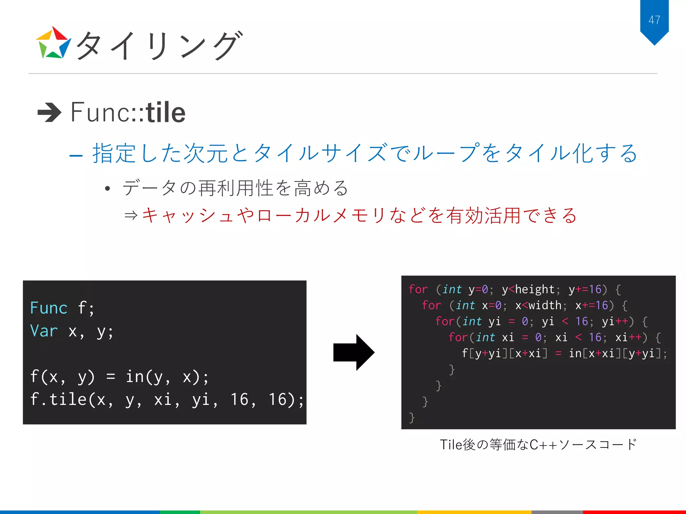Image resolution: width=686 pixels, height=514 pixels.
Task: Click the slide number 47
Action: click(x=654, y=20)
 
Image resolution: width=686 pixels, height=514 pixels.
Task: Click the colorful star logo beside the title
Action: click(x=53, y=43)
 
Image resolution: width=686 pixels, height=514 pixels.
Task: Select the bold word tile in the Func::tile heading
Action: click(x=165, y=112)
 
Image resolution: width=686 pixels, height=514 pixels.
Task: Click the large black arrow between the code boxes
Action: click(x=354, y=352)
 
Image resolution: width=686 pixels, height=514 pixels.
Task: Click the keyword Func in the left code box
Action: click(x=49, y=308)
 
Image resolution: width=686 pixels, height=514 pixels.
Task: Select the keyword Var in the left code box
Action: click(x=44, y=331)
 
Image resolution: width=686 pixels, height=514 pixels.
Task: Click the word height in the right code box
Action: click(x=535, y=289)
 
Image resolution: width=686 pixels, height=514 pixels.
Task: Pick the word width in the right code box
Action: click(x=545, y=306)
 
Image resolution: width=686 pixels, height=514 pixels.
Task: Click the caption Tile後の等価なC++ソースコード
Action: click(x=538, y=445)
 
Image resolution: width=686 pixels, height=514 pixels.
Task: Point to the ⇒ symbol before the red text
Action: click(x=131, y=215)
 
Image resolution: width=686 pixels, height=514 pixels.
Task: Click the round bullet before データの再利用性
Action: click(x=107, y=189)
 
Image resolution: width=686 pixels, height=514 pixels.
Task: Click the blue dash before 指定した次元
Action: click(x=76, y=156)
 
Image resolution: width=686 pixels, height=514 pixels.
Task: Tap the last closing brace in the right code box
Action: click(x=412, y=418)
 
